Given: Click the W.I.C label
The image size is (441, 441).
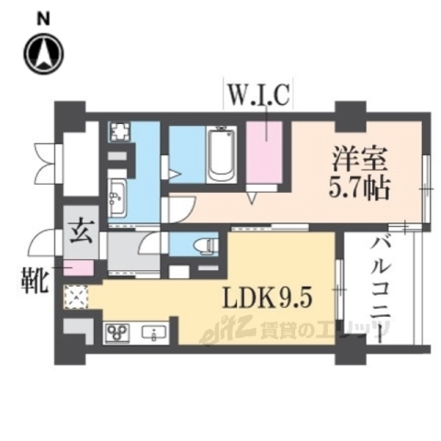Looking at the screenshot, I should [260, 94].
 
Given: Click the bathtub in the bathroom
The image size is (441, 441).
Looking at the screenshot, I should [221, 156].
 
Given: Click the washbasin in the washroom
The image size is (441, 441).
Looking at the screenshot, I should [119, 196].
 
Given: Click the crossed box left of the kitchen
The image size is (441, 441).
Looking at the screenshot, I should [74, 296].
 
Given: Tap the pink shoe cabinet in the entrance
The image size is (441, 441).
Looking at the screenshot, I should [80, 270].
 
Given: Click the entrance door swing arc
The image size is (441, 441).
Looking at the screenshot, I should [42, 243].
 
